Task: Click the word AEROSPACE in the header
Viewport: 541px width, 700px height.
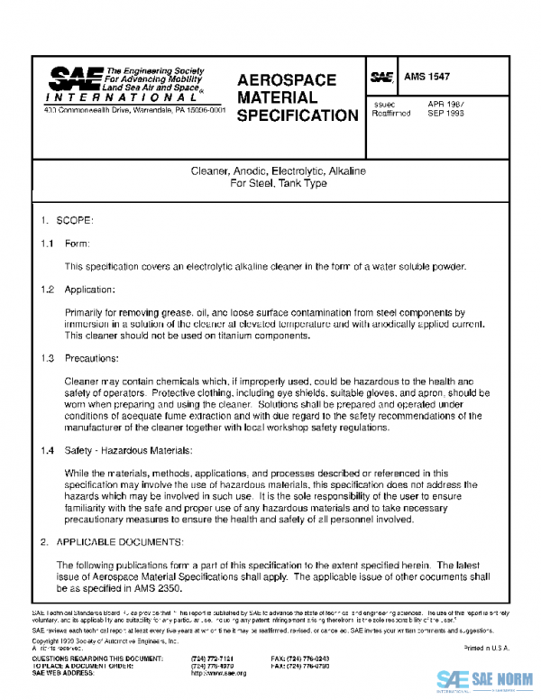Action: (286, 80)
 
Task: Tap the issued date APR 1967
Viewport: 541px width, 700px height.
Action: (445, 104)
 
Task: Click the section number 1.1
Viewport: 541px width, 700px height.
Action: (46, 244)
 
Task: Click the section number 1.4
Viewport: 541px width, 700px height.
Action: (46, 449)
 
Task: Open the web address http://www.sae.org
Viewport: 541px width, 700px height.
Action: (217, 673)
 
